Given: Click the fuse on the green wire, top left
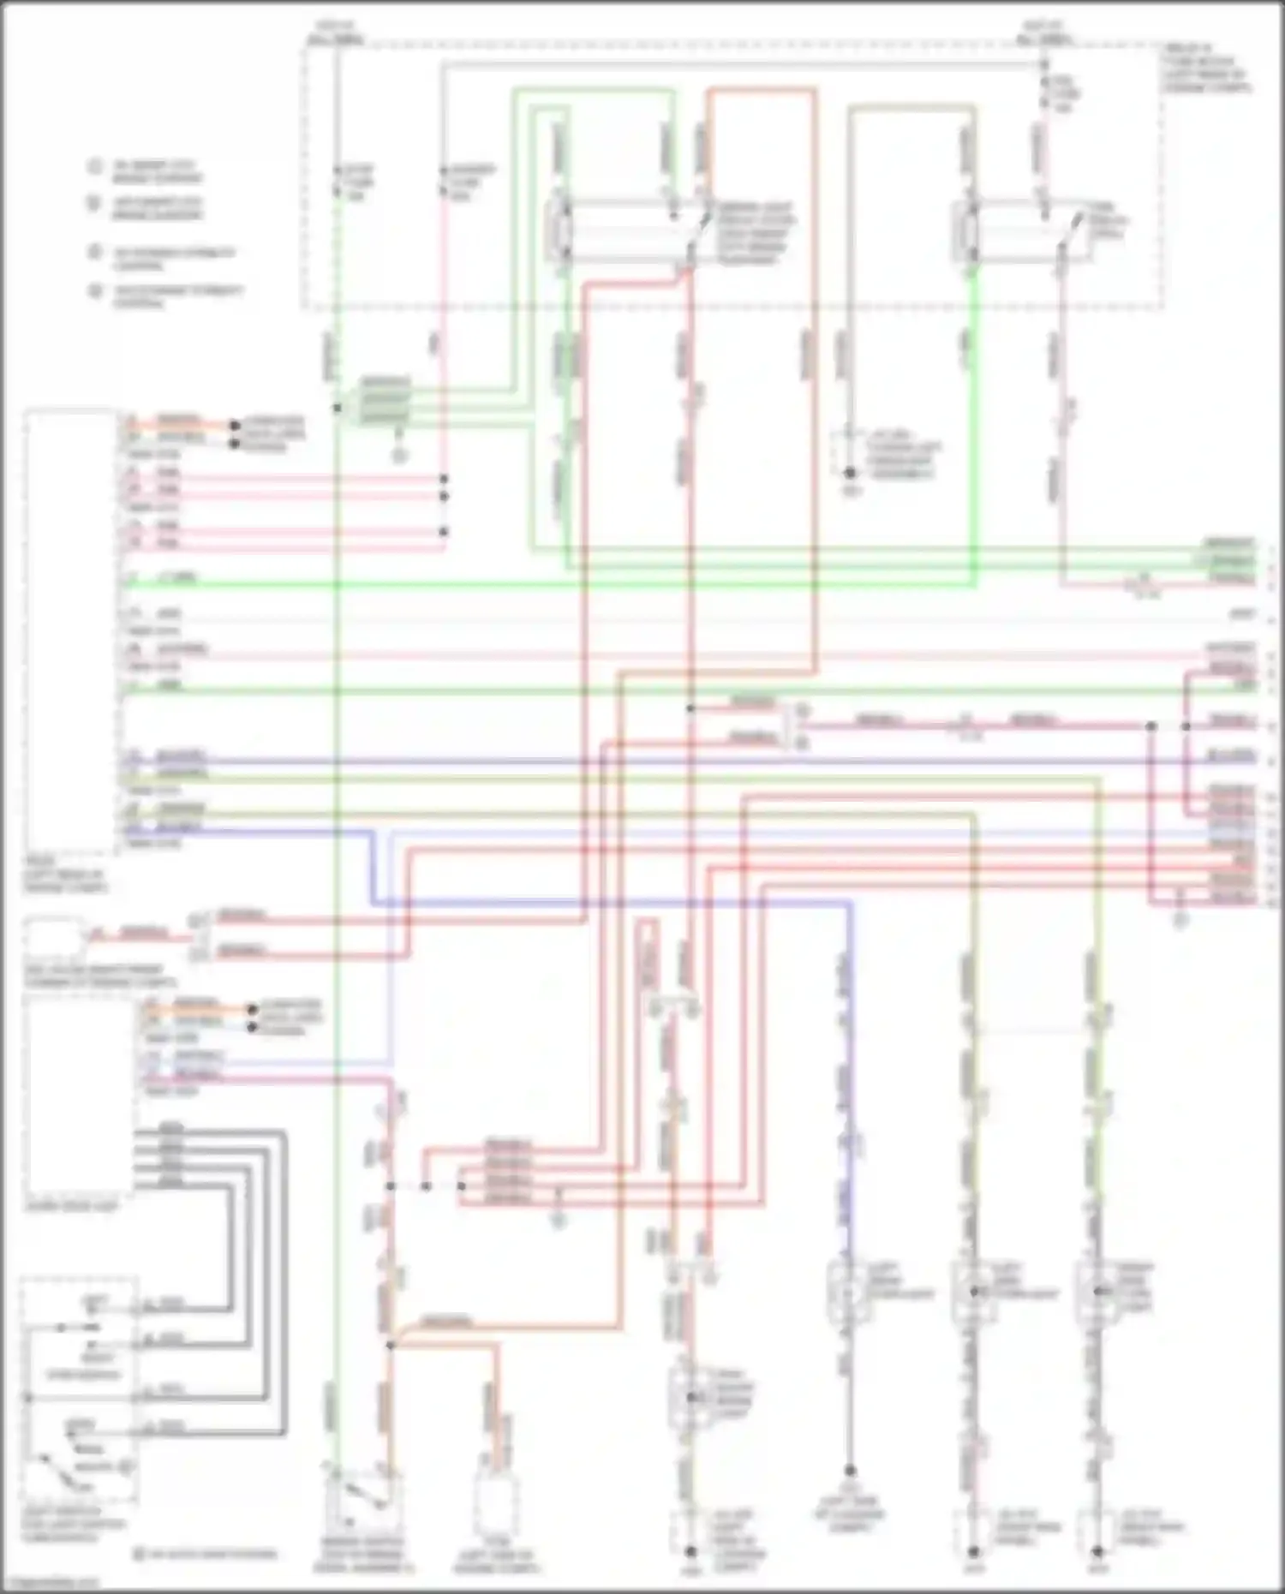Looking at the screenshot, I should coord(337,182).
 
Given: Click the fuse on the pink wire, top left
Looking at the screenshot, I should coord(444,182).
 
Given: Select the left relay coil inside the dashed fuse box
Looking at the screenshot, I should coord(562,226).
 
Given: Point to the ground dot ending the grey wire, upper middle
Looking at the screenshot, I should coord(851,472).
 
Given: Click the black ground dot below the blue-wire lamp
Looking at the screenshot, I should coord(850,1471).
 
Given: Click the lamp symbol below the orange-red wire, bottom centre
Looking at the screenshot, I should coord(689,1397).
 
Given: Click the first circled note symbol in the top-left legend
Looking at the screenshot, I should coord(94,166).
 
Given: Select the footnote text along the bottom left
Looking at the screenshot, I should coord(206,1554).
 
